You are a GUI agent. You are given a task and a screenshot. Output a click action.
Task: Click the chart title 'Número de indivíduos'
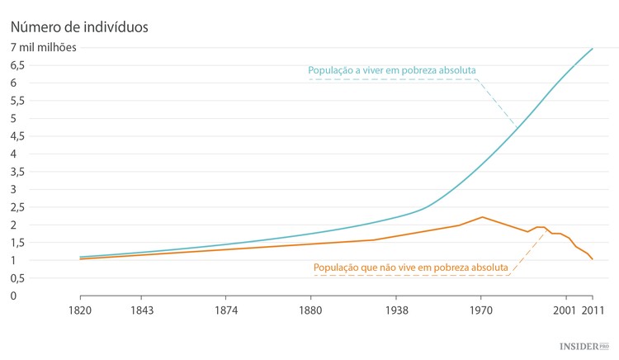click(79, 26)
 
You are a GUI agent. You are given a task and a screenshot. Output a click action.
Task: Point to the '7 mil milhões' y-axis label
click(43, 47)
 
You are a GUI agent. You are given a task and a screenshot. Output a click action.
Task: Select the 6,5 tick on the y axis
click(18, 65)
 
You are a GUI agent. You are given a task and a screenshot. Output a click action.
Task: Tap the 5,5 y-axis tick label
click(18, 101)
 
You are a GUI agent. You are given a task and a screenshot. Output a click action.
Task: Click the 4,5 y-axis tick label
click(18, 136)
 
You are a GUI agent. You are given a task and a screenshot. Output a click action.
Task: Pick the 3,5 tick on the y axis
click(18, 172)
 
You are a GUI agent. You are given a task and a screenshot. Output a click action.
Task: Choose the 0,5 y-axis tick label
click(18, 278)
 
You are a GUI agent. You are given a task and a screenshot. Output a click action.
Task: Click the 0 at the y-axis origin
click(14, 296)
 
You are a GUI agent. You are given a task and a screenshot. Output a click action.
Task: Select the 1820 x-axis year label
click(80, 310)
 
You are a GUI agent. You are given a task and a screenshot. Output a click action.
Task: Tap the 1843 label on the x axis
click(141, 310)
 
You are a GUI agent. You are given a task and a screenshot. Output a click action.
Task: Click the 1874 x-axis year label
click(226, 310)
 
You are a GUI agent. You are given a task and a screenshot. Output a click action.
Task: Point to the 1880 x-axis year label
click(311, 310)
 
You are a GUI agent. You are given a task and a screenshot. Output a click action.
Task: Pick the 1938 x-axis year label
click(396, 310)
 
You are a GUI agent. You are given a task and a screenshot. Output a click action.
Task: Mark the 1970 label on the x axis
click(481, 310)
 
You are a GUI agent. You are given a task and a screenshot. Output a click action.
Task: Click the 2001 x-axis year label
click(565, 310)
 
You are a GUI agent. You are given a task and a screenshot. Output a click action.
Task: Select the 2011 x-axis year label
click(592, 310)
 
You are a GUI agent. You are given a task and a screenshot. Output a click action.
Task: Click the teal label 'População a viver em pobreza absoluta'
click(392, 70)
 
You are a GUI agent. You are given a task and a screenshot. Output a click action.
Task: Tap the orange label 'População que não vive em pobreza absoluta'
click(410, 268)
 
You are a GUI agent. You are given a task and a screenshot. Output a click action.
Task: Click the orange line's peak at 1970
click(482, 217)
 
